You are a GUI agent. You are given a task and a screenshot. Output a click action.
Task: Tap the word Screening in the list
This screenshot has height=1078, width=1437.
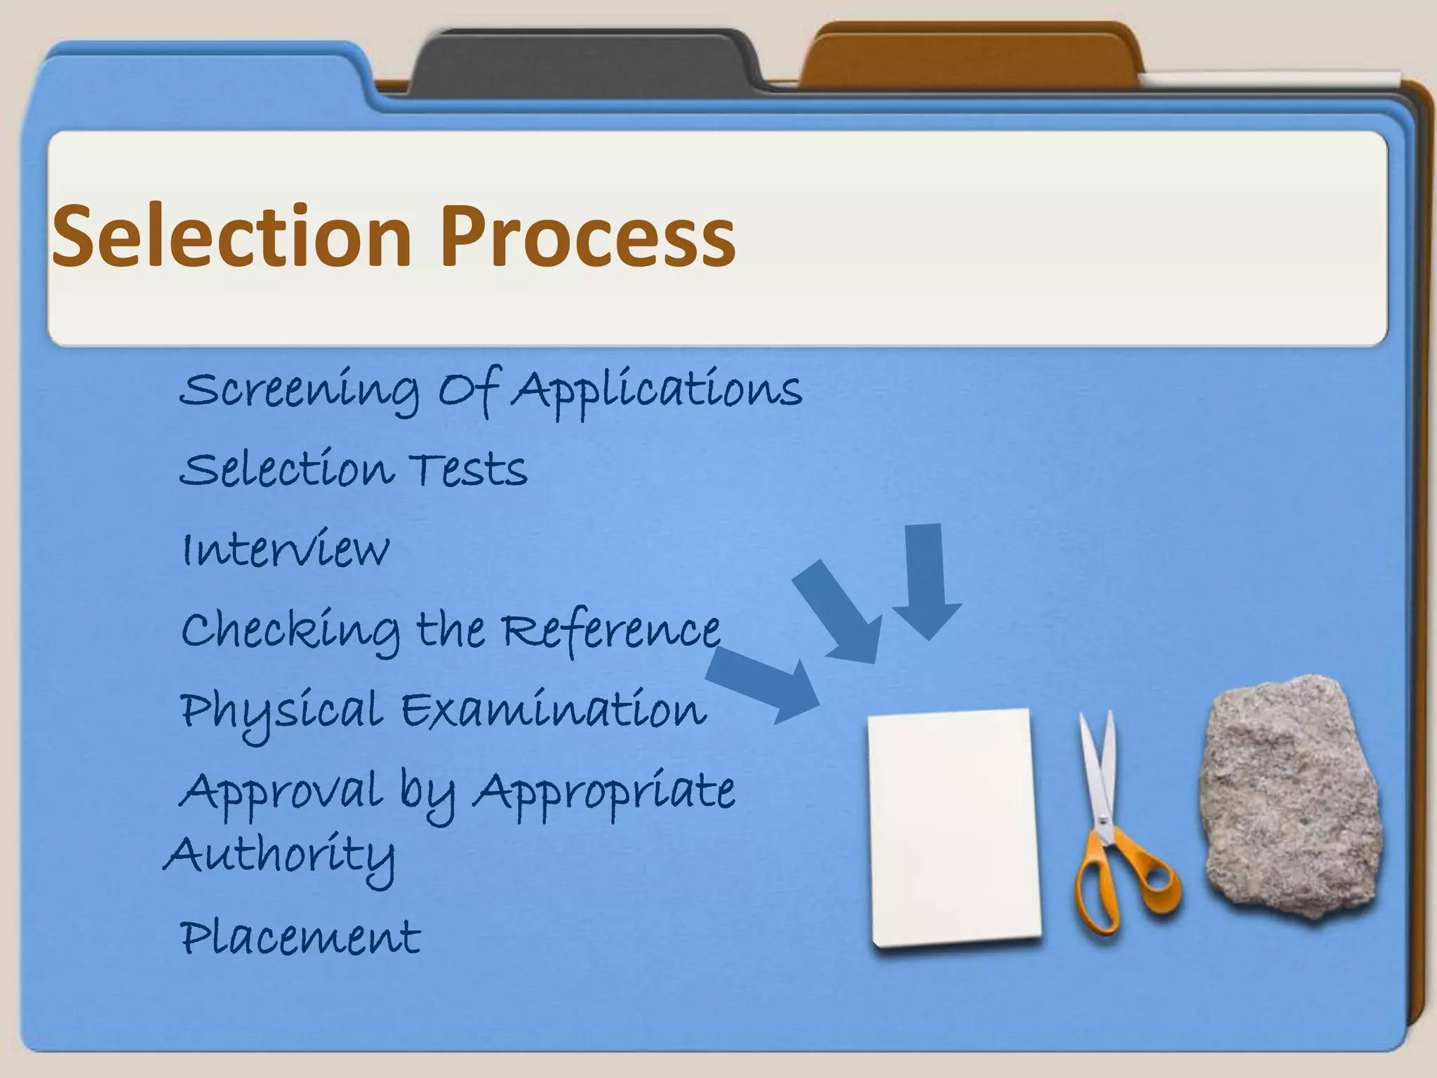point(298,390)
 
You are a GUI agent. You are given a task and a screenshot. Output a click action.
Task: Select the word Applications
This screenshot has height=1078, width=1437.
point(656,390)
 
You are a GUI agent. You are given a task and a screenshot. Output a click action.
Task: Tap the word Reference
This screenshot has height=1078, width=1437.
point(611,630)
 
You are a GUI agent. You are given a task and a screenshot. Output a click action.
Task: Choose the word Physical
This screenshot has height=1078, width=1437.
point(281,710)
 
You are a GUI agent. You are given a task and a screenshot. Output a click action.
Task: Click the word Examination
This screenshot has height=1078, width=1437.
point(554,710)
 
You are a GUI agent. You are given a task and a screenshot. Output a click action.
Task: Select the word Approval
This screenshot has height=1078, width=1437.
point(281,792)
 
